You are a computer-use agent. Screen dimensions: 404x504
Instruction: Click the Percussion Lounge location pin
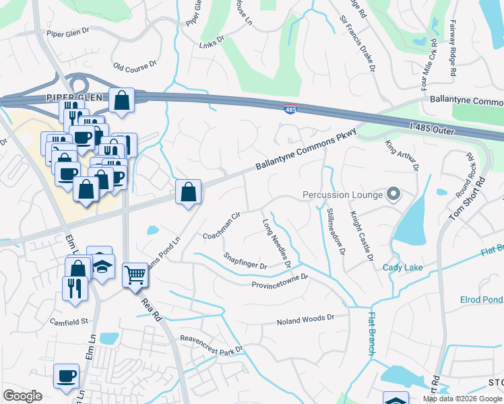[394, 195]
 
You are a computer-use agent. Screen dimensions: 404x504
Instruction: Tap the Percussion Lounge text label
[342, 195]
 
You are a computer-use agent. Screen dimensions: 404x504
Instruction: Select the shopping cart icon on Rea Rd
[135, 274]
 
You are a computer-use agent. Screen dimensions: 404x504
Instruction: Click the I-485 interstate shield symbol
[289, 108]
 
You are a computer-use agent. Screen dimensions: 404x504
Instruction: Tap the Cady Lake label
[402, 267]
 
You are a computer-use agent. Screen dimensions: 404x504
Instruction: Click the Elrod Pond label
[481, 300]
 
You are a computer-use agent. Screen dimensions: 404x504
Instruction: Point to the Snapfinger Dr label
[245, 261]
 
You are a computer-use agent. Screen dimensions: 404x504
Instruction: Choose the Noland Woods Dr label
[305, 320]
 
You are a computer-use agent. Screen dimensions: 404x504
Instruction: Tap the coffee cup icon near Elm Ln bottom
[66, 376]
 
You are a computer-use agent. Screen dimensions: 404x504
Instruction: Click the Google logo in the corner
[22, 396]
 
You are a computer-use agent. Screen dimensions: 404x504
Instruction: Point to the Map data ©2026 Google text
[462, 399]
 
